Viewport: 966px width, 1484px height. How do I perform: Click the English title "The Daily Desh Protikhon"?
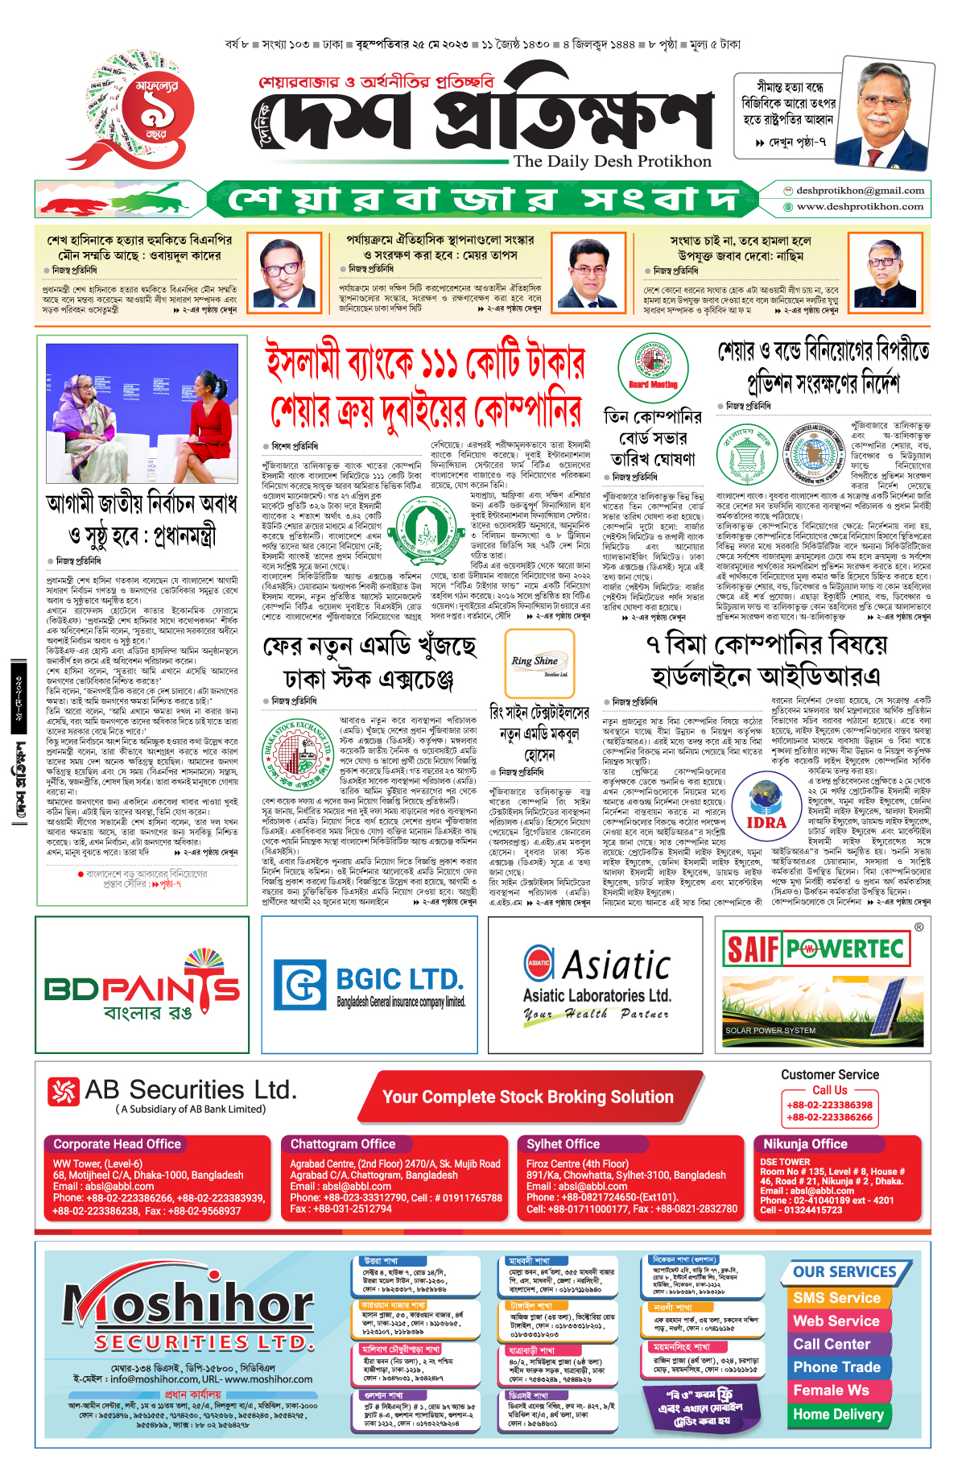[613, 161]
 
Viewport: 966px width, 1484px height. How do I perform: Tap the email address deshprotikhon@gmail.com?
[860, 191]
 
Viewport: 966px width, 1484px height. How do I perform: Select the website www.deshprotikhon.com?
[860, 207]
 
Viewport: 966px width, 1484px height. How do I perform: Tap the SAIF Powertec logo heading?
[815, 949]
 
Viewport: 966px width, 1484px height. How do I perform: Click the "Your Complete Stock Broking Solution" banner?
[527, 1097]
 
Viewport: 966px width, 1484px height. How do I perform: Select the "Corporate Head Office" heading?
[118, 1144]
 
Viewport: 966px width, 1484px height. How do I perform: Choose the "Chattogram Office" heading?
[343, 1144]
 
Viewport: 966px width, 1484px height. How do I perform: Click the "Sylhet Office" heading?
[563, 1144]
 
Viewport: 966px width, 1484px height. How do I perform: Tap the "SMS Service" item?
[836, 1298]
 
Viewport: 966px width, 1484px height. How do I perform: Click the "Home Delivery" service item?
[838, 1414]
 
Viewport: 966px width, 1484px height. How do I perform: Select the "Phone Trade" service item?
[836, 1367]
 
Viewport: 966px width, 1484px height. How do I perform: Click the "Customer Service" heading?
[829, 1075]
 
